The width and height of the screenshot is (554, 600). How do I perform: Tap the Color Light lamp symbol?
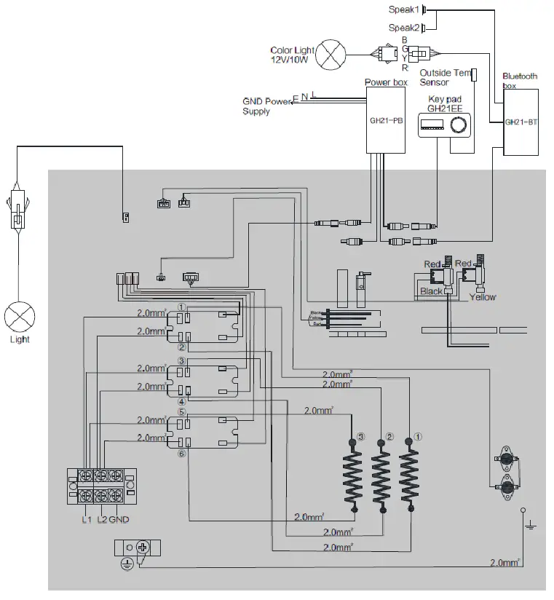[334, 53]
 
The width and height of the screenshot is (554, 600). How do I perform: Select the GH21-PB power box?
[386, 120]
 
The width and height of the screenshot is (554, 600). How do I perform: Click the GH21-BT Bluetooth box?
[520, 122]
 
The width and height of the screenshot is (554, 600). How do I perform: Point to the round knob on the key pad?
[458, 127]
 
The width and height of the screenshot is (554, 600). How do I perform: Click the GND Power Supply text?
[266, 106]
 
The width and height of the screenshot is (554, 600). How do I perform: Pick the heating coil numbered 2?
[381, 477]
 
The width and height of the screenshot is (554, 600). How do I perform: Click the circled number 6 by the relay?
[182, 453]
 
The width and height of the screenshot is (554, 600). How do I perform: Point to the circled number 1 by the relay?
[182, 307]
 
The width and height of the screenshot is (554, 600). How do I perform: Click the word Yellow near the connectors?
[482, 297]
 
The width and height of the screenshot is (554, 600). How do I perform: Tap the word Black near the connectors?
[431, 291]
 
